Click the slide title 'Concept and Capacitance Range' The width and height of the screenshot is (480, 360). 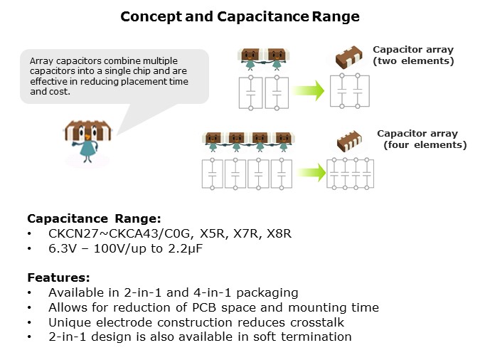coord(240,16)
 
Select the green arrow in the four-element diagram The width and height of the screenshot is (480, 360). coord(309,172)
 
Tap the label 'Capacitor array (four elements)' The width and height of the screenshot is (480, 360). coord(420,139)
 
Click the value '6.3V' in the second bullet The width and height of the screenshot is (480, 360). coord(62,249)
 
